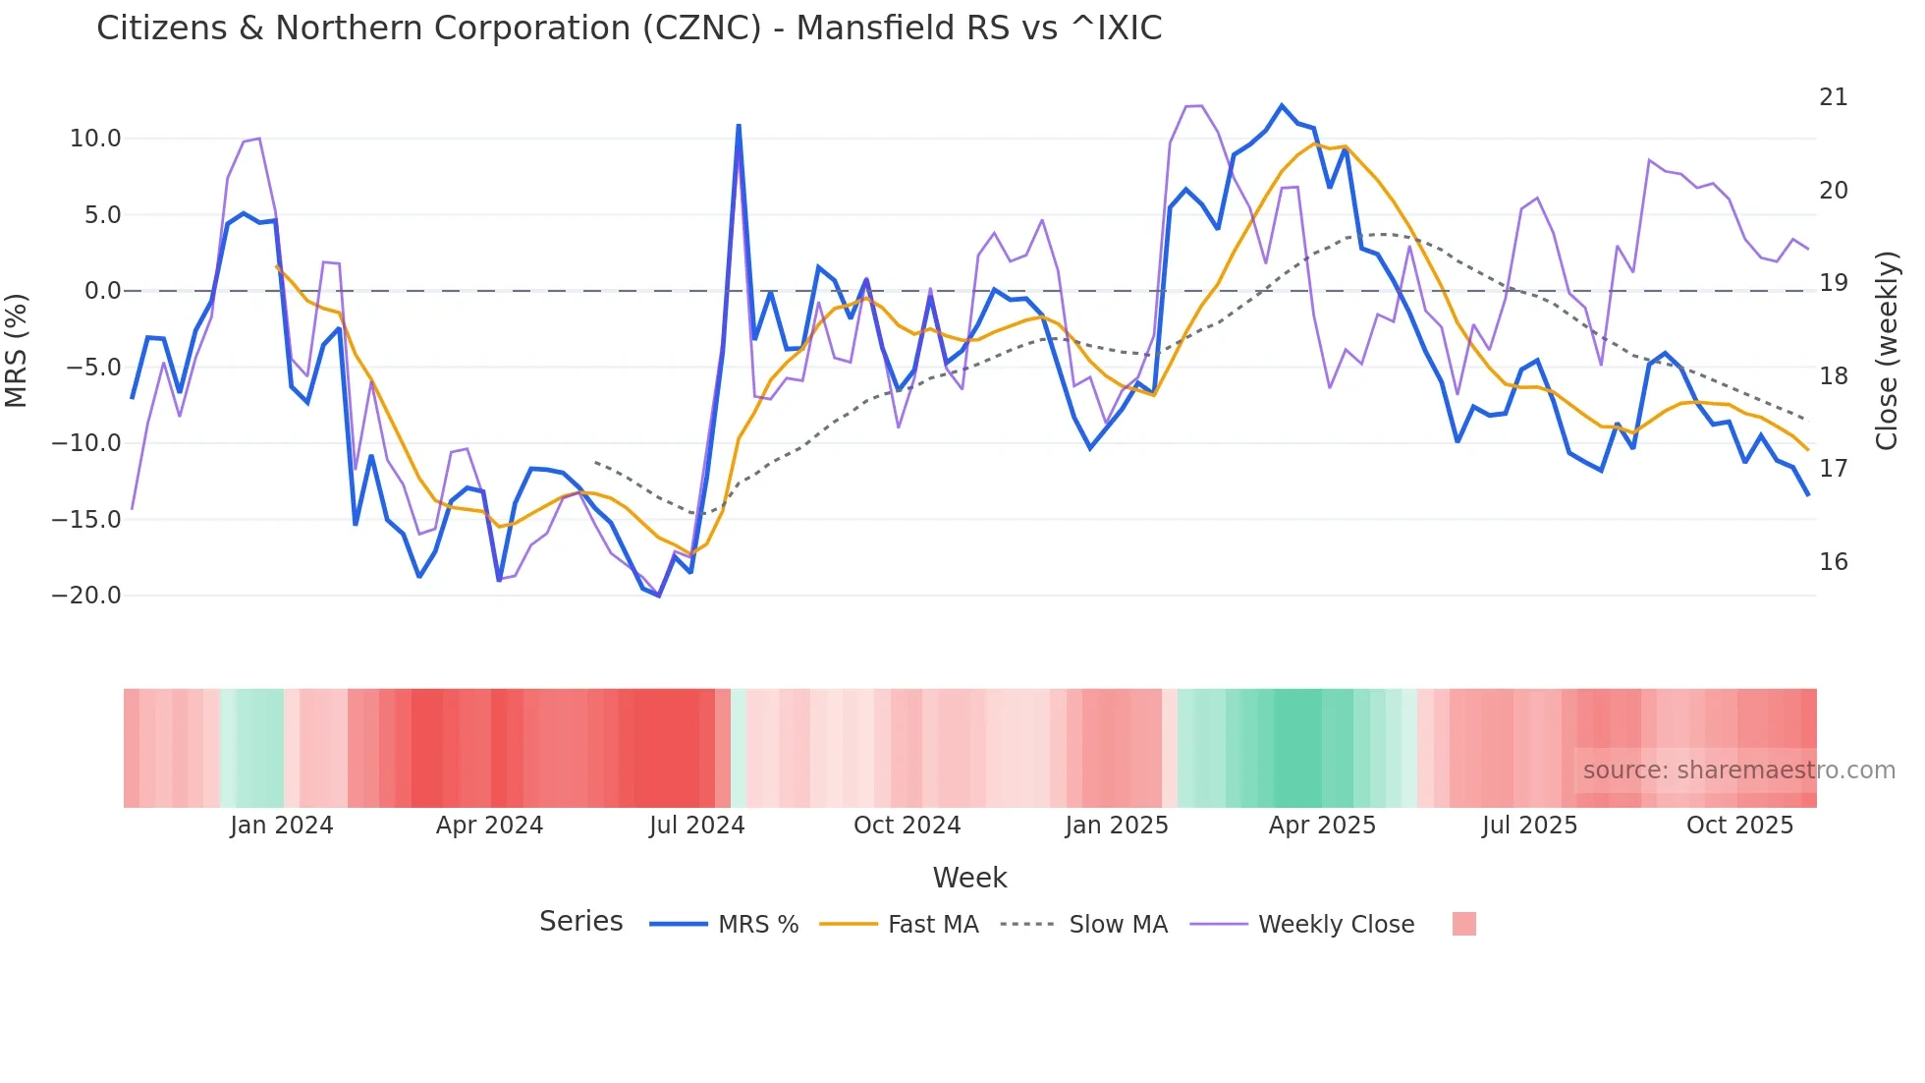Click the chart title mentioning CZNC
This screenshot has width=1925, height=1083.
click(629, 28)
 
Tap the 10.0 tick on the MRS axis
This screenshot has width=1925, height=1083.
click(95, 139)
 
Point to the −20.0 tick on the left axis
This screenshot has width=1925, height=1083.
click(86, 596)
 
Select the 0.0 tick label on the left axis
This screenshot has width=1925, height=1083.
click(102, 291)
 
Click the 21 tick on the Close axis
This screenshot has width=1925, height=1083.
click(1833, 97)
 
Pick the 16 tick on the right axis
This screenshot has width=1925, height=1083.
click(1833, 562)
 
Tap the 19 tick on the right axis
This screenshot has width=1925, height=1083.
click(1833, 283)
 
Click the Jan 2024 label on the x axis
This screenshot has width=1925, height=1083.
click(282, 826)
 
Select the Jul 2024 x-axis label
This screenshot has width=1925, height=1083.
click(696, 826)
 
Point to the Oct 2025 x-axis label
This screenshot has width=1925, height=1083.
click(1739, 826)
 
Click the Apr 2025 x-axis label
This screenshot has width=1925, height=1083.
click(1322, 826)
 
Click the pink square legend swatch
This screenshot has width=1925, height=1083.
click(1463, 924)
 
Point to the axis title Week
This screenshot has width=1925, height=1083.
click(969, 878)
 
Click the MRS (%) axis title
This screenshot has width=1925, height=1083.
click(17, 350)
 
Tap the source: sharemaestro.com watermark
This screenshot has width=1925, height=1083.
click(1738, 770)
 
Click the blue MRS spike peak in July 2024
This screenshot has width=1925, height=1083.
click(739, 126)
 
